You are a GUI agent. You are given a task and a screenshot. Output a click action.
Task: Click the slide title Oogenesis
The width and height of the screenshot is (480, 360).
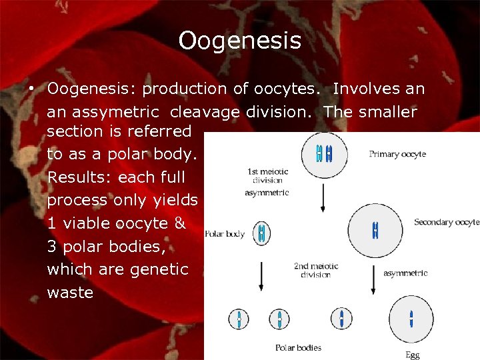click(x=239, y=41)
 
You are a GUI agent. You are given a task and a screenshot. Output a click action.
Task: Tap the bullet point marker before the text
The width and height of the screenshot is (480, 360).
click(x=31, y=89)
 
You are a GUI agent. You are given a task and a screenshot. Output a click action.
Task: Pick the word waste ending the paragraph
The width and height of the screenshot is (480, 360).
click(x=70, y=293)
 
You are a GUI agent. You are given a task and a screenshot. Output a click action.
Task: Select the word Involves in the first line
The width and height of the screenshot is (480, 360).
click(x=365, y=89)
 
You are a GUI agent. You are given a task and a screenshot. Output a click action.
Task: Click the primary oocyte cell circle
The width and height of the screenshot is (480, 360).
click(x=323, y=155)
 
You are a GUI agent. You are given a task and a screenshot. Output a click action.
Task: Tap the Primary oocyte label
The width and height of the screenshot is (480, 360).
click(x=397, y=154)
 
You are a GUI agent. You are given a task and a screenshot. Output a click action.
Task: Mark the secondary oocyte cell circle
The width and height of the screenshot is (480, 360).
click(x=375, y=230)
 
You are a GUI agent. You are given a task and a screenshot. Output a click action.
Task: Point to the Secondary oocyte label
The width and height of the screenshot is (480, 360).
click(x=446, y=222)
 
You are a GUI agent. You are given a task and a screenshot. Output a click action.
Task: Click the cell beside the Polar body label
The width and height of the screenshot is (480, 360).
click(x=261, y=233)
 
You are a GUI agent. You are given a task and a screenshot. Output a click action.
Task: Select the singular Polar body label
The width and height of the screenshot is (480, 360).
click(x=225, y=234)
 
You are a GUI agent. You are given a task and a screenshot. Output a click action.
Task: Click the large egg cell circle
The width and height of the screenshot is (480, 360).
click(x=411, y=319)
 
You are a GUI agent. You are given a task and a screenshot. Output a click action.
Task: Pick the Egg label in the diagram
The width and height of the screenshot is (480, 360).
click(x=413, y=355)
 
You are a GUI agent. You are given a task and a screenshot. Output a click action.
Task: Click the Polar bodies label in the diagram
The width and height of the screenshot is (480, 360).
click(x=298, y=347)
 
